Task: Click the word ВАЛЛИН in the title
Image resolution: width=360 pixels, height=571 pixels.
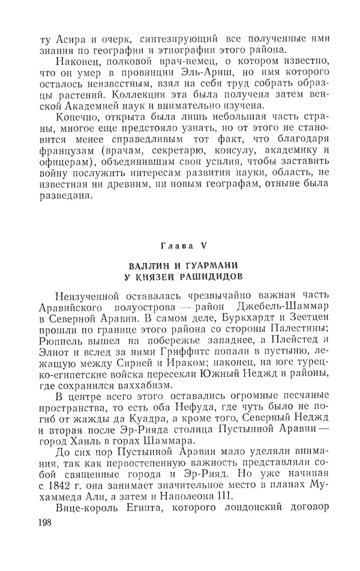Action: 148,266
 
